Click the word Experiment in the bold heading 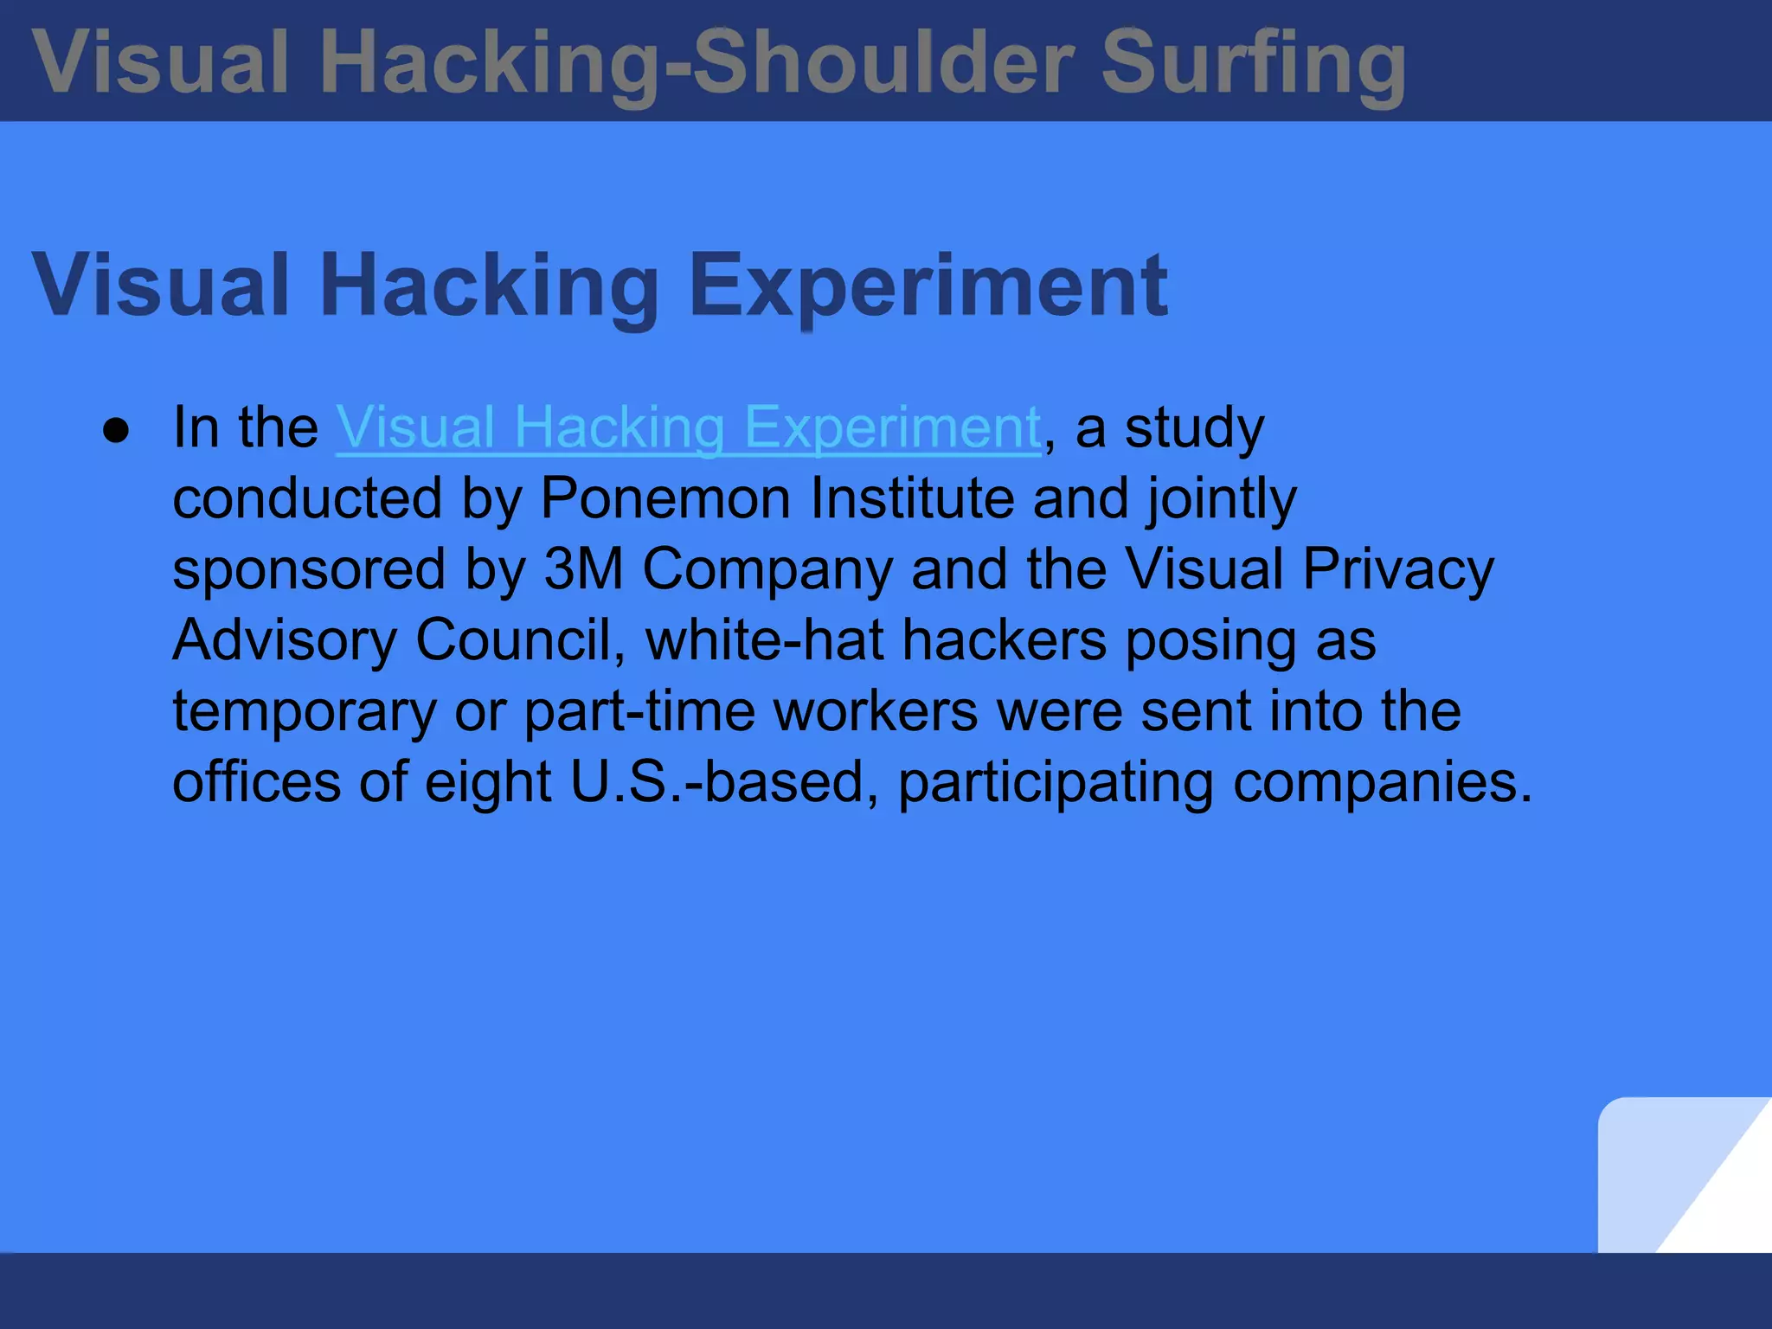tap(928, 286)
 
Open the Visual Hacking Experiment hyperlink tap(688, 427)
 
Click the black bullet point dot tap(115, 430)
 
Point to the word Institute tap(911, 498)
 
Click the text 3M tap(583, 569)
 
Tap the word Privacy tap(1398, 571)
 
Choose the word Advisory tap(284, 642)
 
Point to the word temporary tap(305, 713)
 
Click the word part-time tap(639, 711)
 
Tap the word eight tap(488, 784)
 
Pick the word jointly tap(1222, 500)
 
